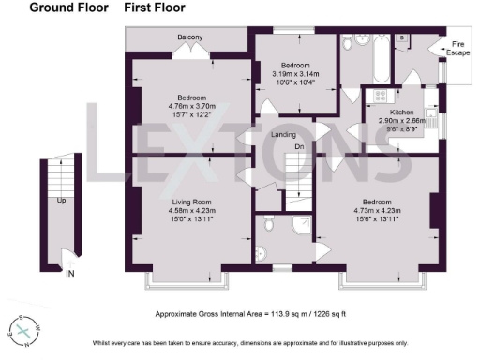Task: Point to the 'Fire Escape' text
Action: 458,49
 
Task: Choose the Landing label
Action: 284,135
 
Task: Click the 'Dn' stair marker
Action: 299,146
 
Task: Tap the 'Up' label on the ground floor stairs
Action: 61,201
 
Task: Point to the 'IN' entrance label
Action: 70,274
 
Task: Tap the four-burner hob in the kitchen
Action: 382,96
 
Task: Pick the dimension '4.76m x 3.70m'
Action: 191,106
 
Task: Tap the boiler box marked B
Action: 402,38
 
